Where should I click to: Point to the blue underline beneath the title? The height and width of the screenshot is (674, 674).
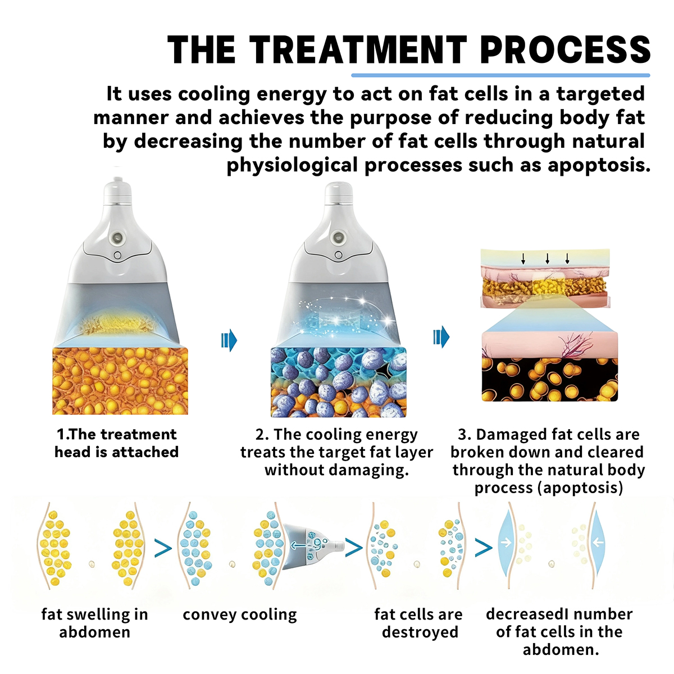[500, 75]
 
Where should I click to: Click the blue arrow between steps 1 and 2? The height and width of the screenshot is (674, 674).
[229, 340]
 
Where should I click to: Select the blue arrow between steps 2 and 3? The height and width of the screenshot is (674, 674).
[441, 337]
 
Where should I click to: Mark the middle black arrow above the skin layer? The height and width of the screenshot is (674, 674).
[548, 258]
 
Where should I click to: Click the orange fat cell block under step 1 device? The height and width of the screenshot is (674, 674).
[120, 381]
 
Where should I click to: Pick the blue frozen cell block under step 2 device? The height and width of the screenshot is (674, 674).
[338, 382]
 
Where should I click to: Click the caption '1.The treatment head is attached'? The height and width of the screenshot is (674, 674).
[116, 443]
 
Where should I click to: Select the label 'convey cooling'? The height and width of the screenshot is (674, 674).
[240, 614]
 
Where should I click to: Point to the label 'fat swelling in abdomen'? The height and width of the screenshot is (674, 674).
[94, 623]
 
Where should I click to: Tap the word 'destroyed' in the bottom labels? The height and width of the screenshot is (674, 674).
[420, 632]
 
